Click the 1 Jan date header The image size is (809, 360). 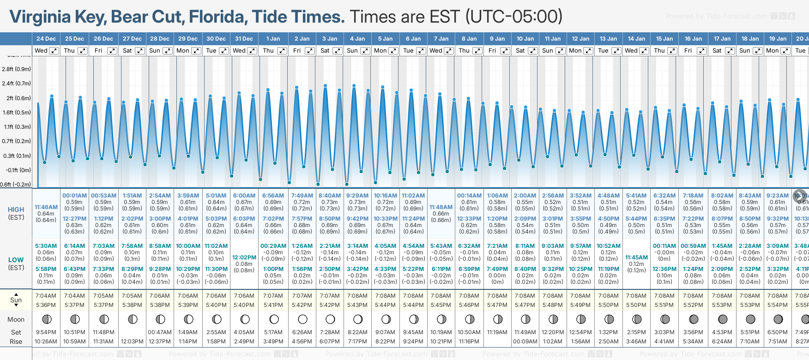273,39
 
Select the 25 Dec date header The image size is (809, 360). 74,39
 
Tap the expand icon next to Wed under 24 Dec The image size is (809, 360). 54,51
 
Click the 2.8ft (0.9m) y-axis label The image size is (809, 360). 16,69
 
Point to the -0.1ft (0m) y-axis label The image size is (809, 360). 18,170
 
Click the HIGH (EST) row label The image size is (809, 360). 16,213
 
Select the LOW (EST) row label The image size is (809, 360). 16,264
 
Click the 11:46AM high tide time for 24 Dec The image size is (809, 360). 46,207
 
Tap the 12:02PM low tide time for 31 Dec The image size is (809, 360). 244,258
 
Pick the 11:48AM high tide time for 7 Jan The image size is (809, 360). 441,207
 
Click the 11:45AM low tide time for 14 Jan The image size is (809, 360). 636,258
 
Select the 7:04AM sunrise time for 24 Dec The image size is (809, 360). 46,296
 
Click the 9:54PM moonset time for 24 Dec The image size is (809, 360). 46,332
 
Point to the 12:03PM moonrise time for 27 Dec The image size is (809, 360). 132,342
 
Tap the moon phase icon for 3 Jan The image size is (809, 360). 330,319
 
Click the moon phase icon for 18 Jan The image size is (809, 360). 750,319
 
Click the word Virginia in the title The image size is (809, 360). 40,17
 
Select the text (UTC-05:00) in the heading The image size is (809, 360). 513,17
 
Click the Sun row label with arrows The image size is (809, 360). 16,300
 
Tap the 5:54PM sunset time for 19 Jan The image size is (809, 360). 778,305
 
